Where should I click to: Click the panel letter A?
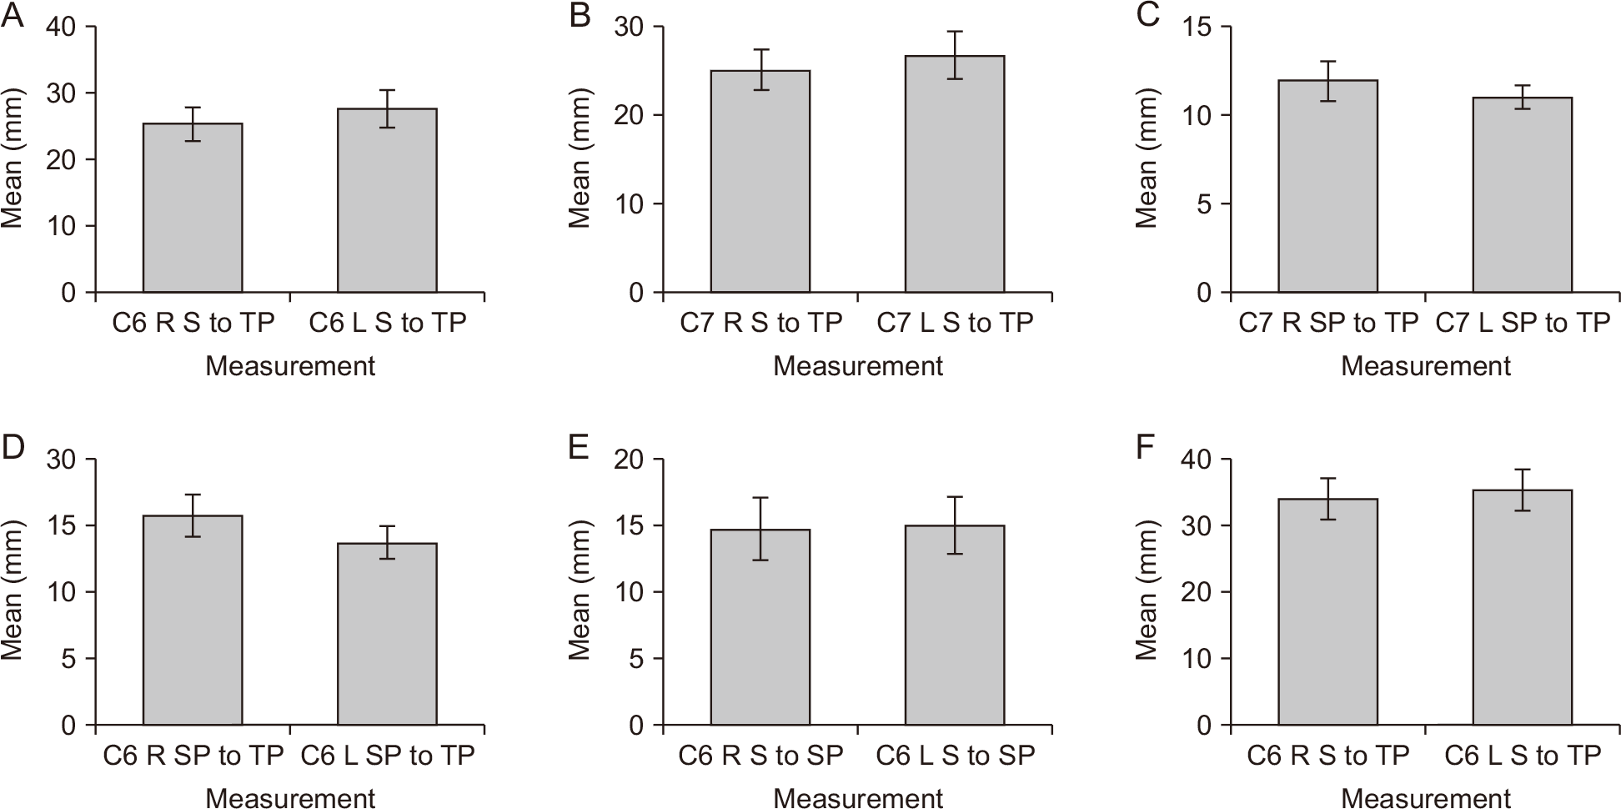[x=12, y=16]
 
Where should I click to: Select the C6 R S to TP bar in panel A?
[x=193, y=208]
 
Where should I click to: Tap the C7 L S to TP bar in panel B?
[x=955, y=173]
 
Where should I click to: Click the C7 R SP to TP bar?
[x=1328, y=186]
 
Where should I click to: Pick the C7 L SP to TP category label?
[x=1523, y=323]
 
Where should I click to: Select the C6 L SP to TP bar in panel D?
[x=387, y=634]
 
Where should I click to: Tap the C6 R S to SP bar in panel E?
[x=760, y=627]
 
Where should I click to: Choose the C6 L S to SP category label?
[x=956, y=756]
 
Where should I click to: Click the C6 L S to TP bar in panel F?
[x=1523, y=607]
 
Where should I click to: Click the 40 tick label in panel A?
[x=63, y=27]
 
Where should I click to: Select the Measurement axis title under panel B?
[x=858, y=366]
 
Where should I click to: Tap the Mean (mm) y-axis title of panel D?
[x=12, y=592]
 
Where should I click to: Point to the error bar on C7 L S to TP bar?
[x=955, y=55]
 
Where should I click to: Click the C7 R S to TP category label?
[x=761, y=323]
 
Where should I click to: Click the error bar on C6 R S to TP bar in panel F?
[x=1328, y=499]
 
